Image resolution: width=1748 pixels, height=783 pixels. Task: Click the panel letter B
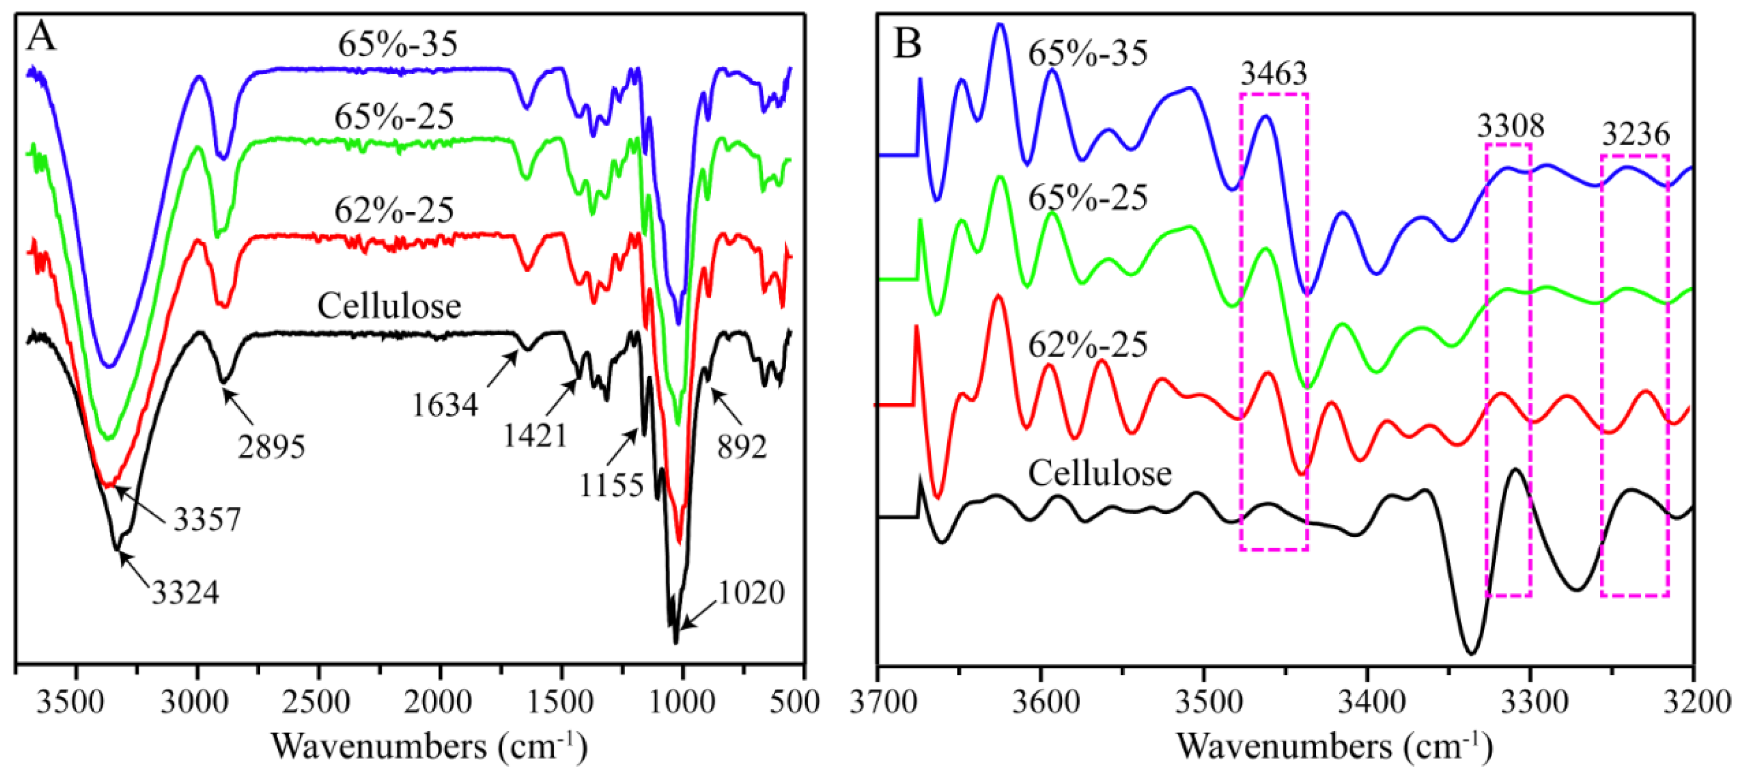point(907,43)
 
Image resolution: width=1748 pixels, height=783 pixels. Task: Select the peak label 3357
point(207,520)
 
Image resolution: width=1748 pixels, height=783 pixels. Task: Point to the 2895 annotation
point(271,447)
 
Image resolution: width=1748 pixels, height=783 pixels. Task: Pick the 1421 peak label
point(534,435)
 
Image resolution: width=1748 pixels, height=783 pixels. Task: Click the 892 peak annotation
point(742,447)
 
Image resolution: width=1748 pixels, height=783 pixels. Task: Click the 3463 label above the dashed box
point(1274,73)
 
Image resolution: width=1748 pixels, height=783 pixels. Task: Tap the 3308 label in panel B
point(1511,126)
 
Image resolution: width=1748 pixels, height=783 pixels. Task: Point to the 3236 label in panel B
point(1635,135)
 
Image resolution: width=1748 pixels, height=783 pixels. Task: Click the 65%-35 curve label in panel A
point(398,45)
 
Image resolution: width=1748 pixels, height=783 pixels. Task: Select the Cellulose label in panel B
point(1099,473)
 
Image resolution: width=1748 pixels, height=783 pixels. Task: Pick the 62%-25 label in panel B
point(1088,345)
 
